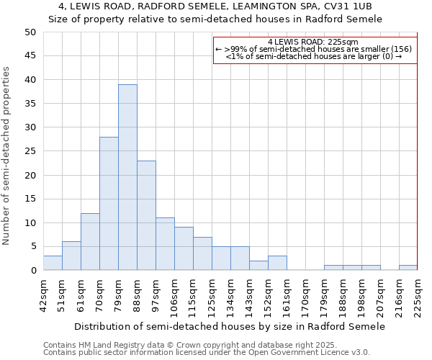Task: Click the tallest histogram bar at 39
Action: click(127, 177)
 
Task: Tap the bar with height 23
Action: click(146, 215)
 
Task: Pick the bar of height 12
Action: click(90, 242)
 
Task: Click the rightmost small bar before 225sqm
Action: click(408, 268)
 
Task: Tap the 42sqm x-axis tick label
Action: click(48, 294)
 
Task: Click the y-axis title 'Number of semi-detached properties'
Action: click(6, 156)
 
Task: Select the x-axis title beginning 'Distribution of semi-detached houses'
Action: click(230, 326)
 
